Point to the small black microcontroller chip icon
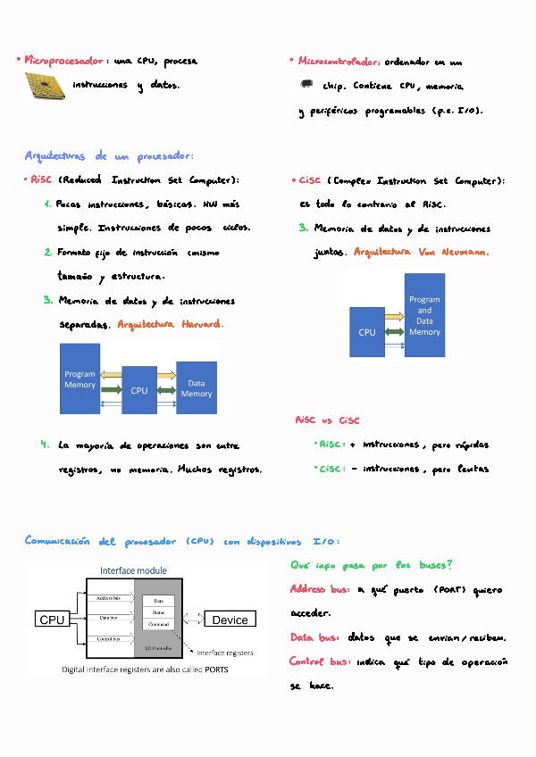click(306, 85)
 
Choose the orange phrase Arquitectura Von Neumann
click(421, 253)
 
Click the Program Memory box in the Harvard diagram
click(80, 378)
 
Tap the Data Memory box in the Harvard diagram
click(197, 388)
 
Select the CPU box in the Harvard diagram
click(139, 390)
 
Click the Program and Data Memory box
click(424, 316)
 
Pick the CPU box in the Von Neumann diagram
click(367, 332)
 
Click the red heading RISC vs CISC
click(327, 420)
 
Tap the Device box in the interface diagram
click(230, 620)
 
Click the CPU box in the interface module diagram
click(53, 620)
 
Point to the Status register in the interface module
click(159, 612)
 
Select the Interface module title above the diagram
click(133, 570)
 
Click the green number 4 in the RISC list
click(44, 444)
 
